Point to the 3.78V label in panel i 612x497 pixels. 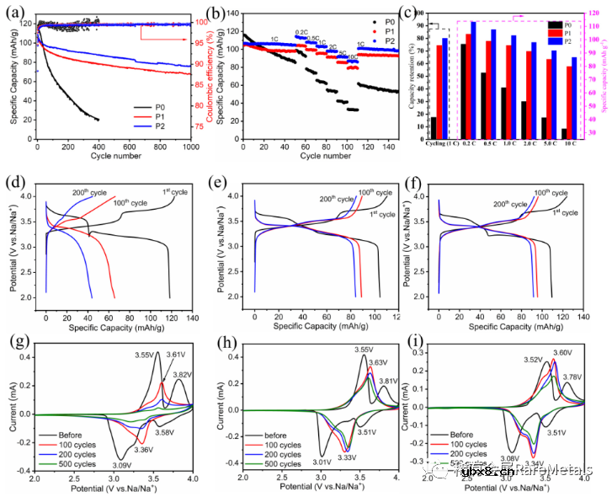(572, 377)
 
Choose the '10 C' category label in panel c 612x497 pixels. (572, 145)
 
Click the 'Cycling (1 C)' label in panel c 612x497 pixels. (438, 145)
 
